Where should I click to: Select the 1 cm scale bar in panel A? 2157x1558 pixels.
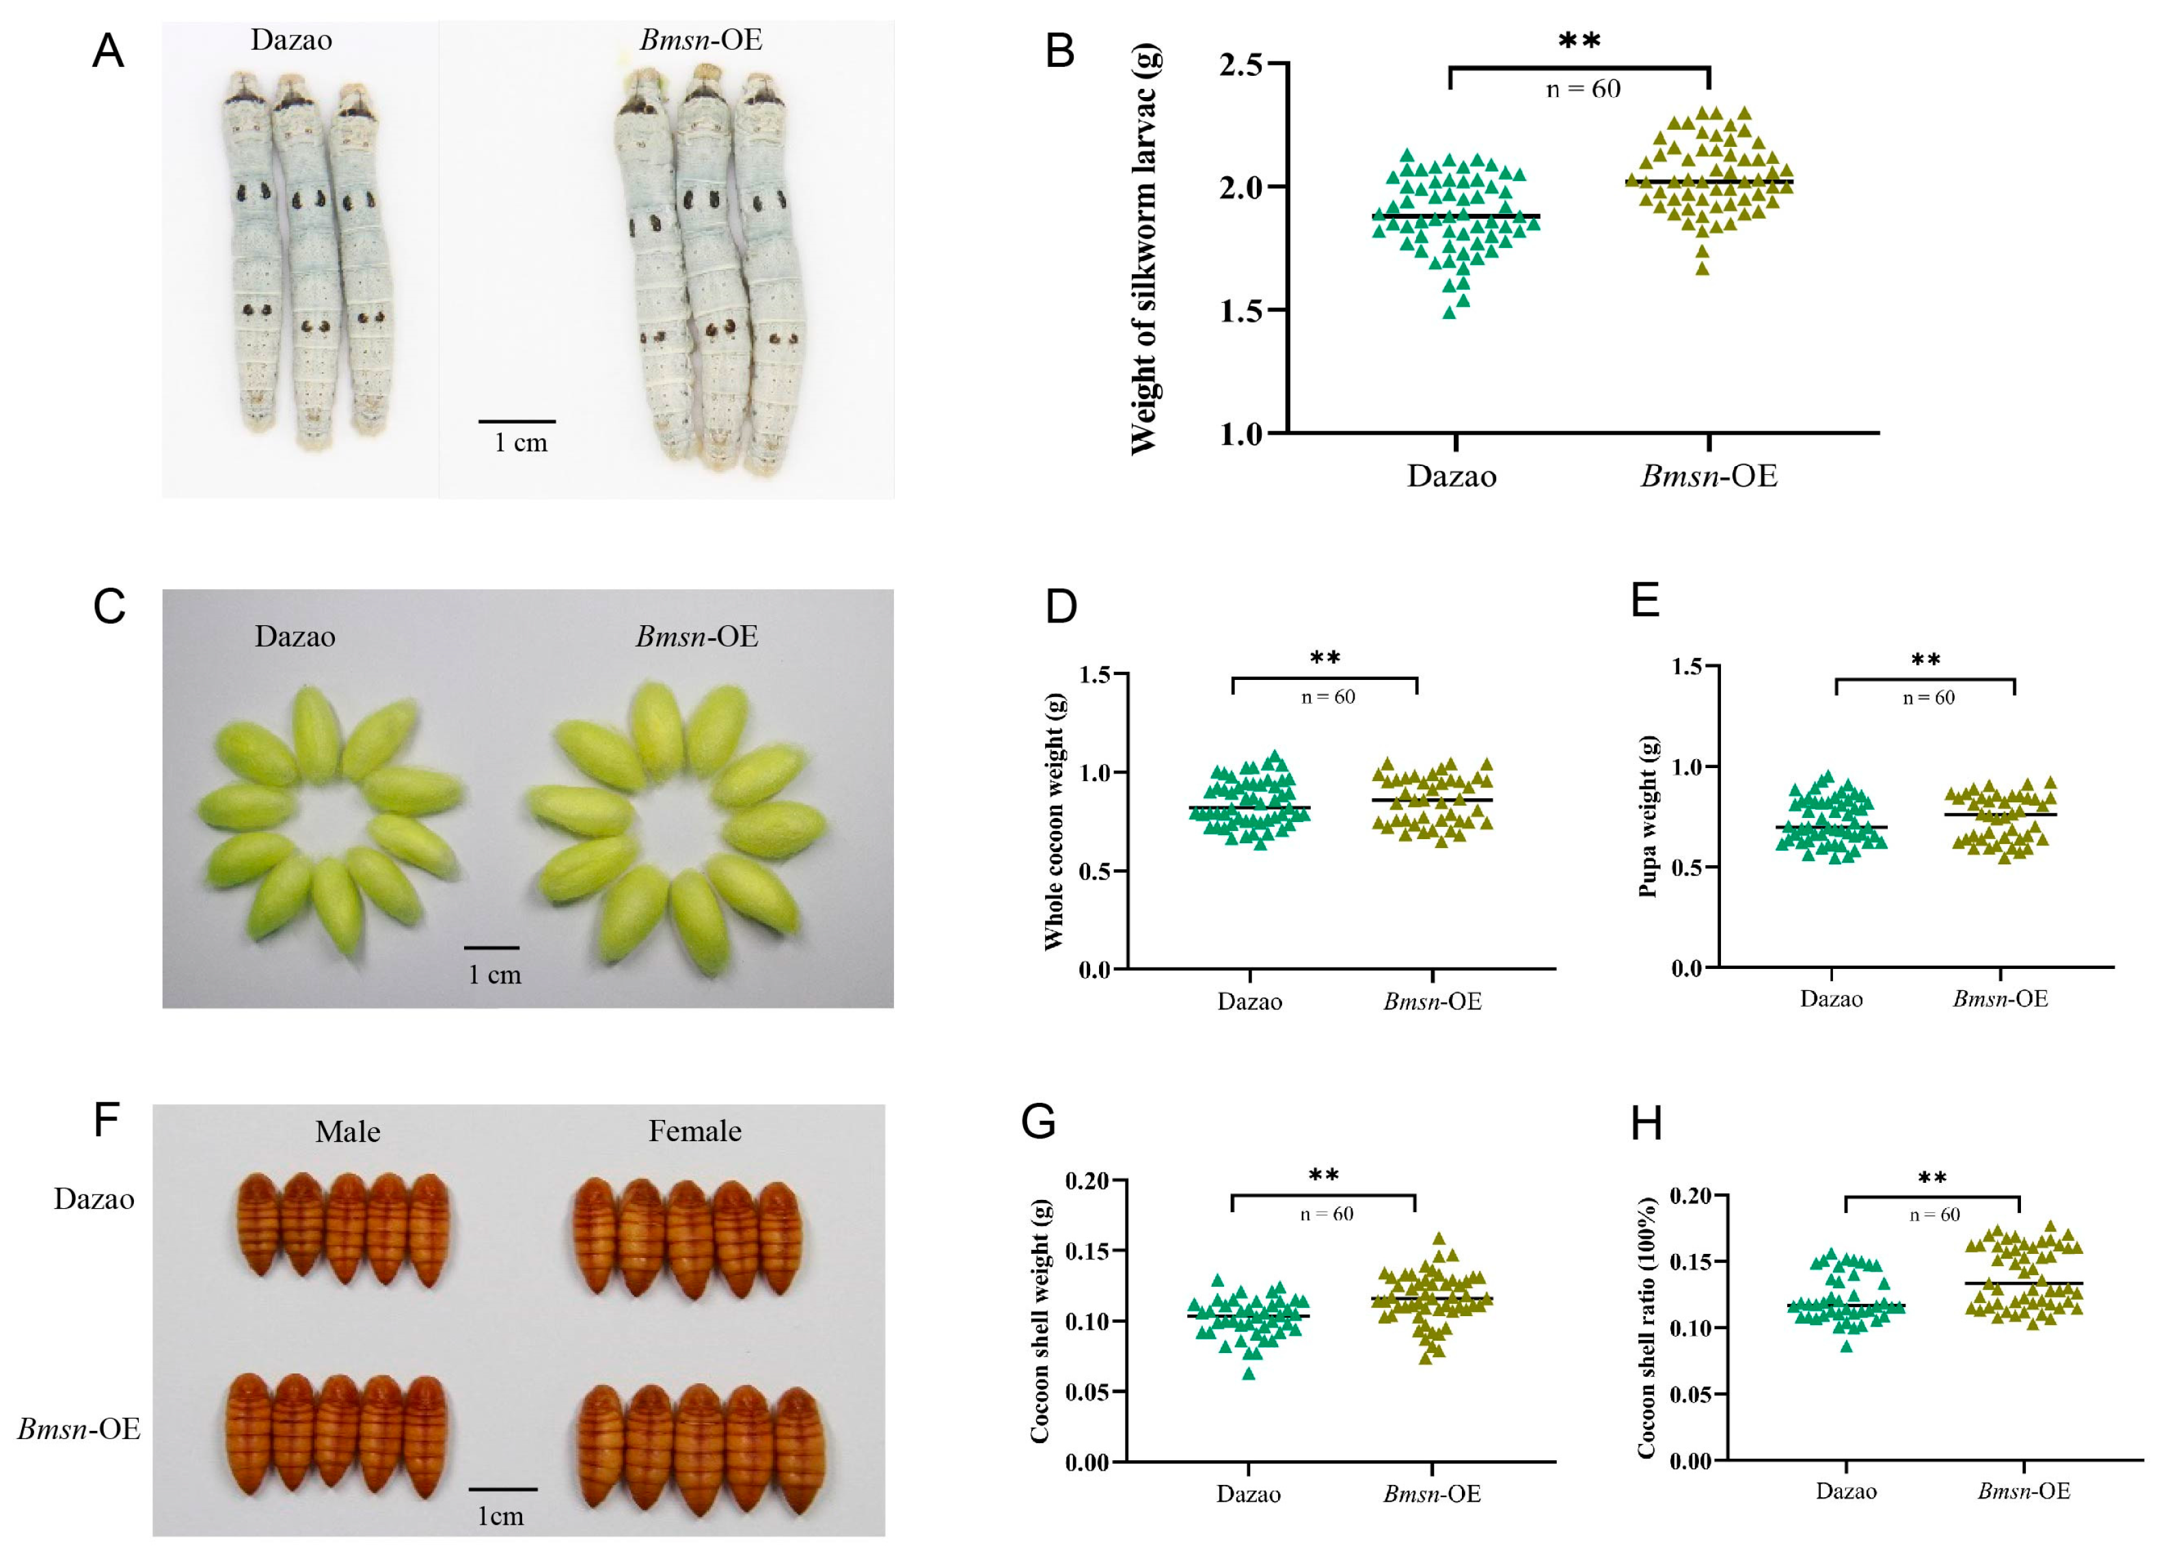click(x=517, y=422)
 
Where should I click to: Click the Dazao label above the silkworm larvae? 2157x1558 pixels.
click(x=291, y=40)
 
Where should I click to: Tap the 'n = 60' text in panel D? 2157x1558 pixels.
click(x=1328, y=697)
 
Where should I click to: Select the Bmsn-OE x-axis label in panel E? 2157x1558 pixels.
click(x=2000, y=999)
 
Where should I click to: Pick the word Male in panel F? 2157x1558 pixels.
click(x=348, y=1132)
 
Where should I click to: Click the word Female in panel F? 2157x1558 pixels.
click(x=695, y=1131)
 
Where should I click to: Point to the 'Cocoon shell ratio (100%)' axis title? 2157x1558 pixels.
click(x=1647, y=1327)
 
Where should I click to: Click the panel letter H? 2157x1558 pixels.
click(x=1646, y=1124)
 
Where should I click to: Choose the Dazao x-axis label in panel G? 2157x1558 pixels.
click(x=1248, y=1494)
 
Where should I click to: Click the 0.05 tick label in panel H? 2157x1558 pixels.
click(x=1692, y=1395)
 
